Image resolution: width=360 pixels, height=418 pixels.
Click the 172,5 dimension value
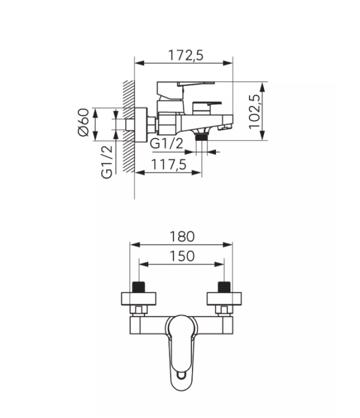point(185,55)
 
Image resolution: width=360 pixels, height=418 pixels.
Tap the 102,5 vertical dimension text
point(254,112)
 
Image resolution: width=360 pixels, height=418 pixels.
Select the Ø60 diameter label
point(84,122)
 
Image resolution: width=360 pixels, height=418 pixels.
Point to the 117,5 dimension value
point(169,164)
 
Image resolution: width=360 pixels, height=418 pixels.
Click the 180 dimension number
point(182,236)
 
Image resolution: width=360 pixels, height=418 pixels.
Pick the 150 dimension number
point(182,256)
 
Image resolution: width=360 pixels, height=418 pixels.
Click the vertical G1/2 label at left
point(107,162)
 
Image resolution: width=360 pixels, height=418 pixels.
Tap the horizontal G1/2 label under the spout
point(167,143)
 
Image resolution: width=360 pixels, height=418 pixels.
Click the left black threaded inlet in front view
point(139,287)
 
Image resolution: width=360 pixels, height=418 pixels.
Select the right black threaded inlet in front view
point(224,287)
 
